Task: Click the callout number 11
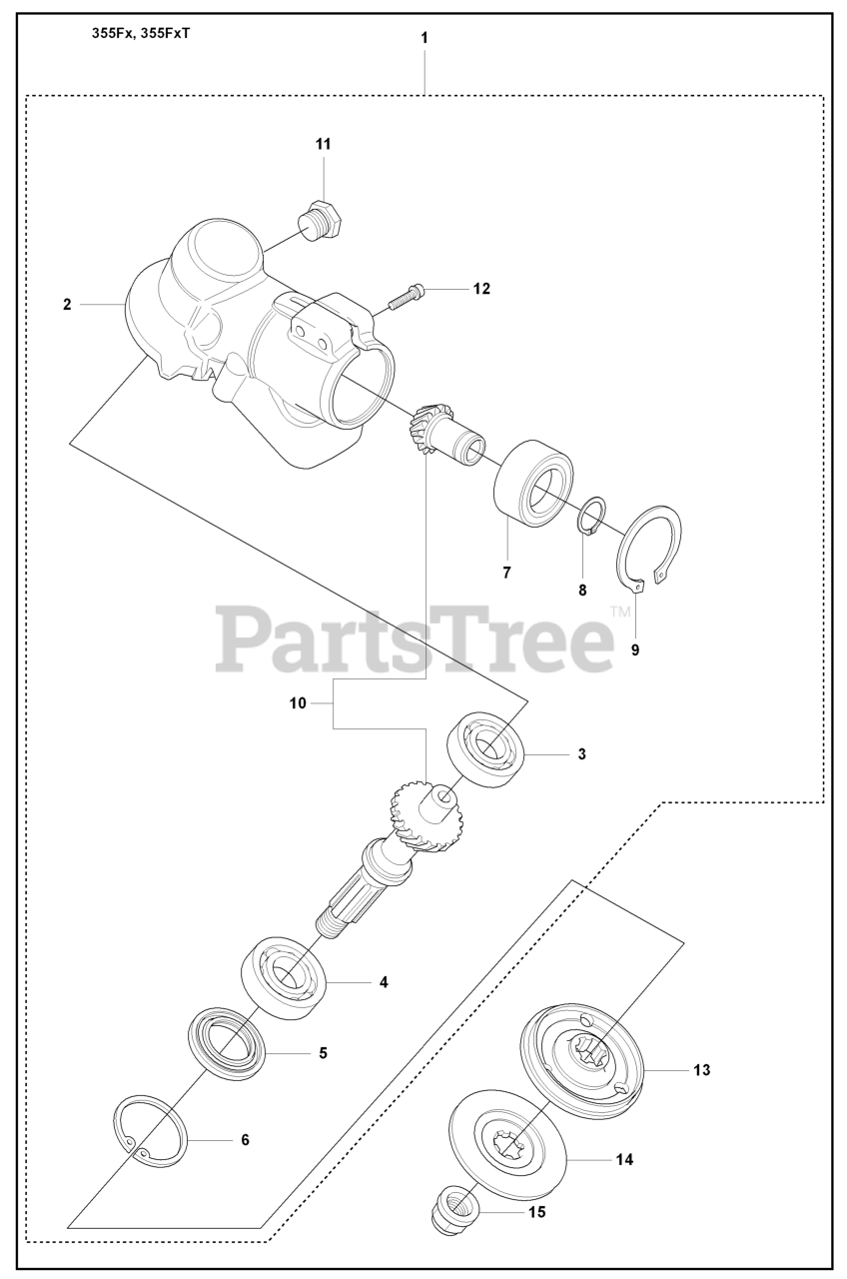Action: click(323, 145)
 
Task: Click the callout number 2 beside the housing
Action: click(67, 305)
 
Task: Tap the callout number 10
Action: click(298, 703)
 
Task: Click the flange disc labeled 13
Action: click(584, 1068)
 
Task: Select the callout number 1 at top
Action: click(424, 37)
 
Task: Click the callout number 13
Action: click(701, 1070)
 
